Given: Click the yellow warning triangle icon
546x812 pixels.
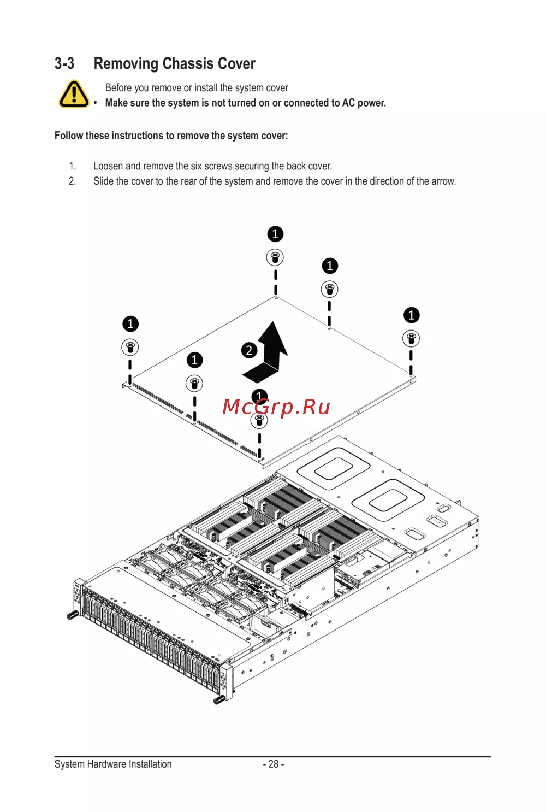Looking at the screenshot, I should [74, 94].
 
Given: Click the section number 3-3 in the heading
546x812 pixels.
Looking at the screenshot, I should [64, 64].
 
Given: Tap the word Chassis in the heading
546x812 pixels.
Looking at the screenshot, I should [188, 64].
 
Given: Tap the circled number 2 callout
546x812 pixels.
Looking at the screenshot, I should [249, 350].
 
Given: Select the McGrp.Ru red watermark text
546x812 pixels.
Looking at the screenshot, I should [276, 407].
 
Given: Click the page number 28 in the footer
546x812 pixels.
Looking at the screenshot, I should [274, 764].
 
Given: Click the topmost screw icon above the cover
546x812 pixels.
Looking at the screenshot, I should [275, 257].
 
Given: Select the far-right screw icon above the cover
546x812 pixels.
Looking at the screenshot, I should [411, 338].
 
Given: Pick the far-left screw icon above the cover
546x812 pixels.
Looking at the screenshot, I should [130, 347].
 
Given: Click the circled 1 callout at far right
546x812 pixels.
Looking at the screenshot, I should [411, 315].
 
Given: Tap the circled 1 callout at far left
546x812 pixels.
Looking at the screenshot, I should [130, 324].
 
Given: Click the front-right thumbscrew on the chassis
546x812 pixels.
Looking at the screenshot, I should [218, 700].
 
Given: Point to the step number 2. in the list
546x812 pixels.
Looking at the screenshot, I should [73, 181].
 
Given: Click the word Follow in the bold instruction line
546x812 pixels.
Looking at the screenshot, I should [69, 136].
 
